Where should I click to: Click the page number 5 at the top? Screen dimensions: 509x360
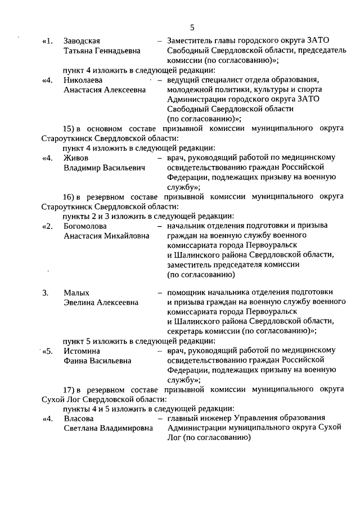pyautogui.click(x=192, y=27)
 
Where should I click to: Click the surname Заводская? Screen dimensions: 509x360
pyautogui.click(x=82, y=41)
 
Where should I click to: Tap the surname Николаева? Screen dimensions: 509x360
pyautogui.click(x=83, y=80)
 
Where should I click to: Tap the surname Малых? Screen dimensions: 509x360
pyautogui.click(x=76, y=292)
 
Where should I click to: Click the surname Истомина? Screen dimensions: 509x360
pyautogui.click(x=82, y=351)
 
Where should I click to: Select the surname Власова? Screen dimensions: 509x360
pyautogui.click(x=78, y=418)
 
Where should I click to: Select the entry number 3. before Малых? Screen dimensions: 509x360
pyautogui.click(x=45, y=292)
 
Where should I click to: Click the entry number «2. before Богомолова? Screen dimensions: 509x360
pyautogui.click(x=48, y=226)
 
